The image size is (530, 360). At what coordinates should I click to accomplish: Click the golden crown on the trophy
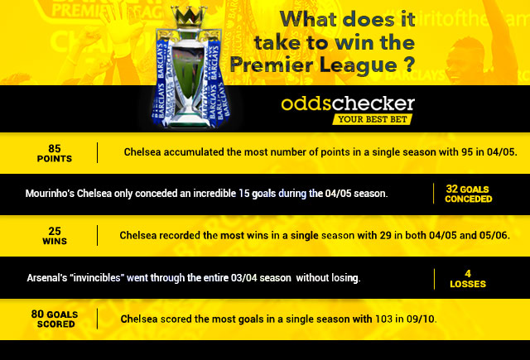tap(189, 17)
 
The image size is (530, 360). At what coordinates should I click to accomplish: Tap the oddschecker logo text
tap(348, 103)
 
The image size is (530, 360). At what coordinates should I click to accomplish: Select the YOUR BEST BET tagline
tap(372, 119)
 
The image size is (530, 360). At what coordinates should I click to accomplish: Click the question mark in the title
tap(409, 65)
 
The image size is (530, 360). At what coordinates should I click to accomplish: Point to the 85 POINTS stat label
tap(55, 153)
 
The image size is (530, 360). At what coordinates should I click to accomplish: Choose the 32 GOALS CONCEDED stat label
tap(468, 194)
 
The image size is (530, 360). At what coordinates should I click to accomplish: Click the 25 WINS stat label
tap(55, 236)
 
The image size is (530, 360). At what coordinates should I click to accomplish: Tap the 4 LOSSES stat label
tap(468, 279)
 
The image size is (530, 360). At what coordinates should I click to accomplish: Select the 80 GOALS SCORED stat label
tap(55, 319)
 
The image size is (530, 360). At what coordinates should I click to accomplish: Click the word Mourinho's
tap(50, 194)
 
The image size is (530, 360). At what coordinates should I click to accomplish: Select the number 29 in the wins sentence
tap(385, 235)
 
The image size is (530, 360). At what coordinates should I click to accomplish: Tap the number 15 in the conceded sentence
tap(244, 193)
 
